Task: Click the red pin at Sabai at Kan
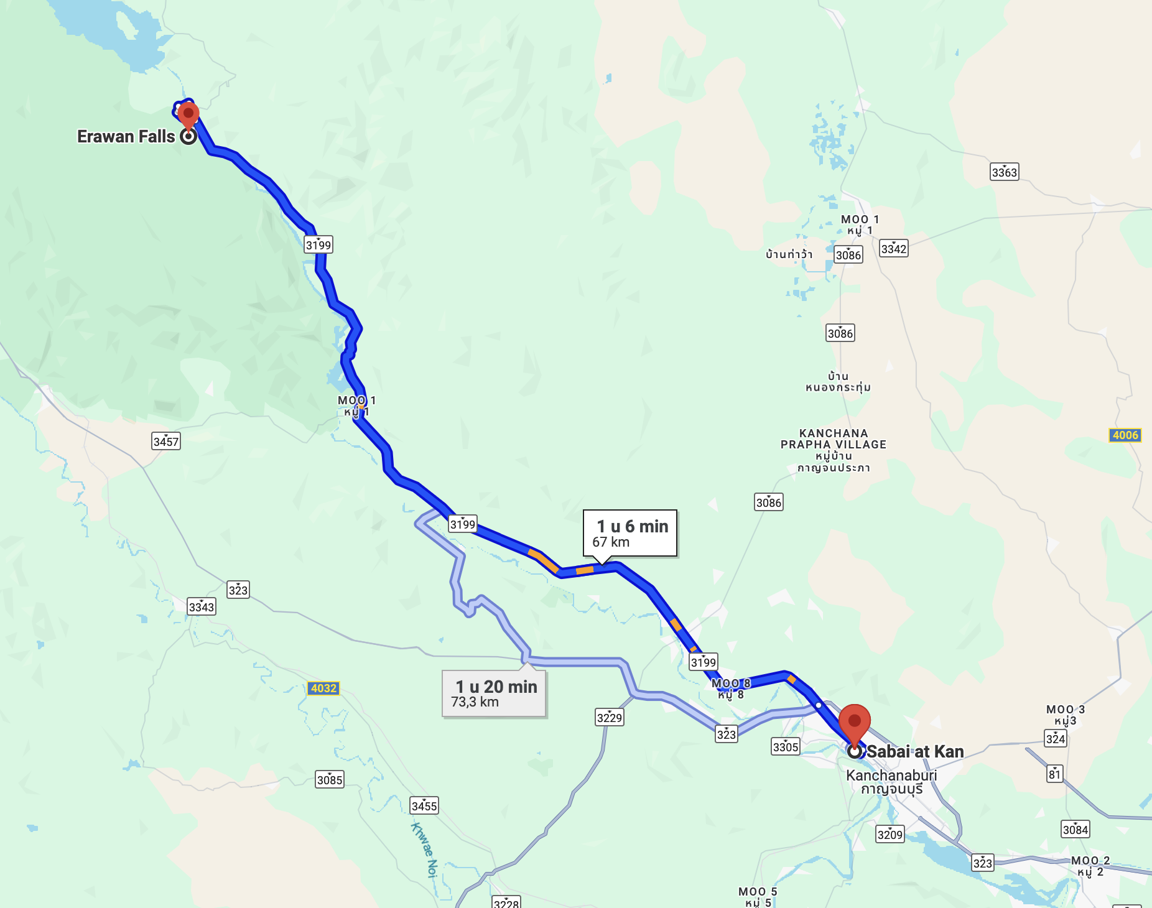pos(854,722)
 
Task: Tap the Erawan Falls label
pos(126,137)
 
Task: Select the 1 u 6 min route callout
pos(629,534)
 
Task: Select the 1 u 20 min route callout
pos(494,693)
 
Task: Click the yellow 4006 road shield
pos(1125,435)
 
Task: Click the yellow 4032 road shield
pos(323,688)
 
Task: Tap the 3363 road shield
pos(1004,172)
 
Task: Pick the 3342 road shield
pos(893,249)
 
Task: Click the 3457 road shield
pos(166,442)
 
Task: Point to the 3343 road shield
pos(202,607)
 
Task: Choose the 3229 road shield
pos(609,718)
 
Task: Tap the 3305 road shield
pos(785,746)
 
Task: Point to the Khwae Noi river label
pos(425,850)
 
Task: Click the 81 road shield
pos(1054,774)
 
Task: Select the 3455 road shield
pos(424,806)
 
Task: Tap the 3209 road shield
pos(890,835)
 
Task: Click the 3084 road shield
pos(1075,829)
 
